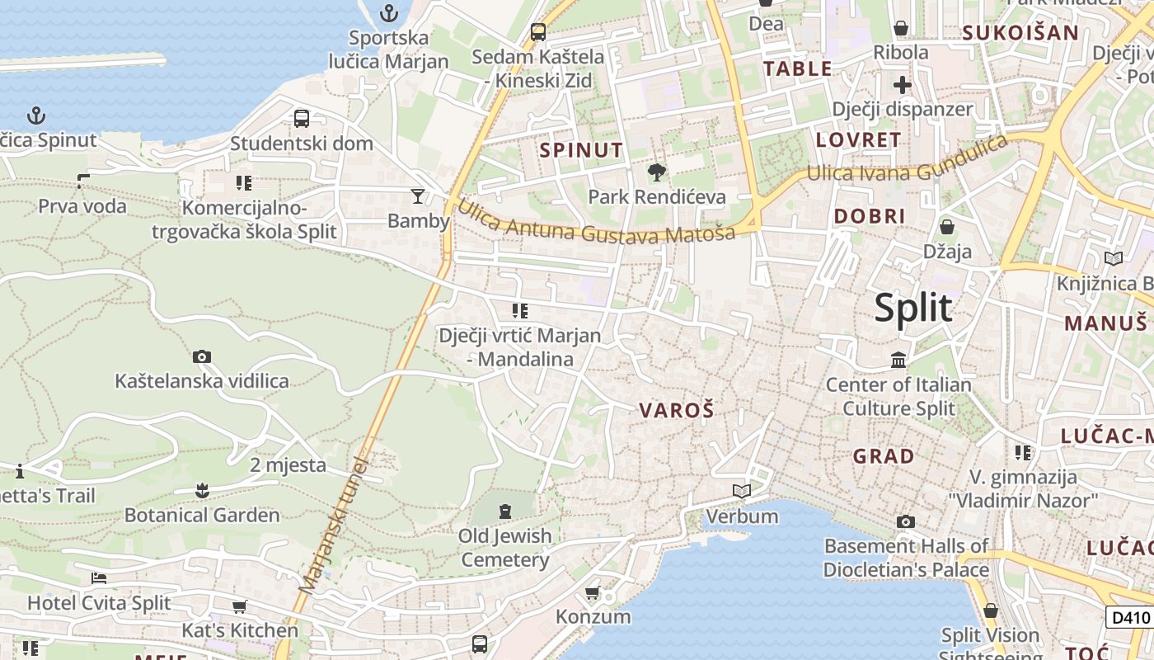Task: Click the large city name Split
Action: [912, 308]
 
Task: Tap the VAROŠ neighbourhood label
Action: [676, 410]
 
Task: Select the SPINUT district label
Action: [581, 150]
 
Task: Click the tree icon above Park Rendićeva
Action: [657, 173]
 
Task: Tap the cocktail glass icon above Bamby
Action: [418, 196]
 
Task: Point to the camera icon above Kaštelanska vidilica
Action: [202, 357]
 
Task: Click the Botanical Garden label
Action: [202, 516]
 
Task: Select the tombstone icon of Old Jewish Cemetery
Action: [505, 511]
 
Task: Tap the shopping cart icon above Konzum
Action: [592, 593]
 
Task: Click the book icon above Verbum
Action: [742, 492]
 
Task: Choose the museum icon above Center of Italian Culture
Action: [898, 361]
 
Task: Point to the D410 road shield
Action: [1129, 617]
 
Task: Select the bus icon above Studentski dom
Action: [302, 118]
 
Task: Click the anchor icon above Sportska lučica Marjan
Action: [389, 13]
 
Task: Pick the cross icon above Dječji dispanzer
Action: [903, 84]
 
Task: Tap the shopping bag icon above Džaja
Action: [947, 226]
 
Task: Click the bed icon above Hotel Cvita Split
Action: [99, 578]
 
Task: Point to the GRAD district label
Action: [884, 456]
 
